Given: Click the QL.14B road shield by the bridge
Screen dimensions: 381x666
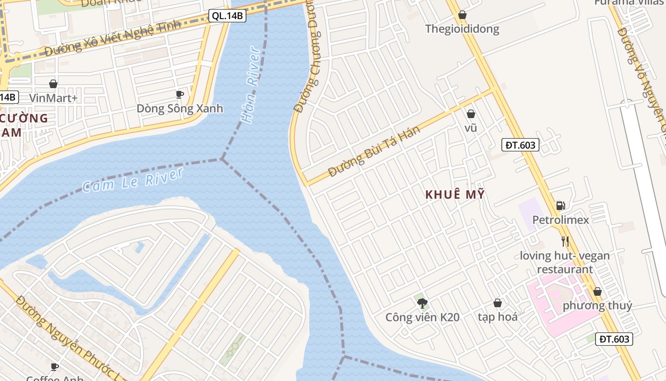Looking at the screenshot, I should (x=227, y=16).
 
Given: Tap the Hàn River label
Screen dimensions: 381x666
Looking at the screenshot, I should (x=251, y=85).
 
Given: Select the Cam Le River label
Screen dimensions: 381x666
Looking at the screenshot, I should (x=133, y=180).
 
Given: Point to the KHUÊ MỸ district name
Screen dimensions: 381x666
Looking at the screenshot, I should (x=454, y=194).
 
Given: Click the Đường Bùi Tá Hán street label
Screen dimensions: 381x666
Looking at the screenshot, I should (x=374, y=151).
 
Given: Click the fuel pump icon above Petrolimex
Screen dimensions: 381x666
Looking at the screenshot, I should (x=561, y=206).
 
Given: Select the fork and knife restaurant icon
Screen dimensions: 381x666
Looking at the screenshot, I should (x=565, y=241).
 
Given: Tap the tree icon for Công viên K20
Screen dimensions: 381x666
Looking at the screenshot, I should (x=422, y=303).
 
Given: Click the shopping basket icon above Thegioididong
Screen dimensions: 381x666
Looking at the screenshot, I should (x=462, y=15).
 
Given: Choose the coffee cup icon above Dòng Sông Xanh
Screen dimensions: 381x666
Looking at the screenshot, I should (x=179, y=94).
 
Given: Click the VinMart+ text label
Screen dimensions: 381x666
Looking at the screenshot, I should (x=53, y=98).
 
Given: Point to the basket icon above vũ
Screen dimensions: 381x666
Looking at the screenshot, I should (x=470, y=114).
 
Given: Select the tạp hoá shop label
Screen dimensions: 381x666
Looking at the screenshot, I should (x=498, y=317).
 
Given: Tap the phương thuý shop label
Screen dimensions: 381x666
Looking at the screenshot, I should (x=597, y=305).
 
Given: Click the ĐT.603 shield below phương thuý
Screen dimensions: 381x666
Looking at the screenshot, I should (x=614, y=339).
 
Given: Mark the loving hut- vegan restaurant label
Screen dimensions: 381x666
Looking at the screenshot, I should (x=565, y=262).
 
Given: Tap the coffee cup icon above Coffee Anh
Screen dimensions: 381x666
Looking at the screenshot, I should (x=55, y=366).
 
